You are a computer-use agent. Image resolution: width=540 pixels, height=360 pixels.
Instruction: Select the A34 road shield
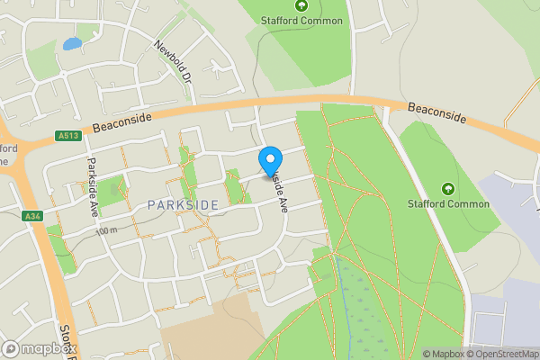pyautogui.click(x=33, y=216)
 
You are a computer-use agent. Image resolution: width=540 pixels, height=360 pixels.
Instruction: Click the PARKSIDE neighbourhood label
pyautogui.click(x=183, y=206)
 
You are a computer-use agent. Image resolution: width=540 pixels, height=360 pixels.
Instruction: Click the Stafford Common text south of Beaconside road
pyautogui.click(x=449, y=204)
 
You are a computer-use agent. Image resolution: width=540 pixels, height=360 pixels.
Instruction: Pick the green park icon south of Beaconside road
pyautogui.click(x=448, y=188)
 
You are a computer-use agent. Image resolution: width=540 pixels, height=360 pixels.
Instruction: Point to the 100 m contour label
pyautogui.click(x=106, y=231)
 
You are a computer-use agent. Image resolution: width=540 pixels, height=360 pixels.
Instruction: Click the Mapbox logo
pyautogui.click(x=39, y=348)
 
